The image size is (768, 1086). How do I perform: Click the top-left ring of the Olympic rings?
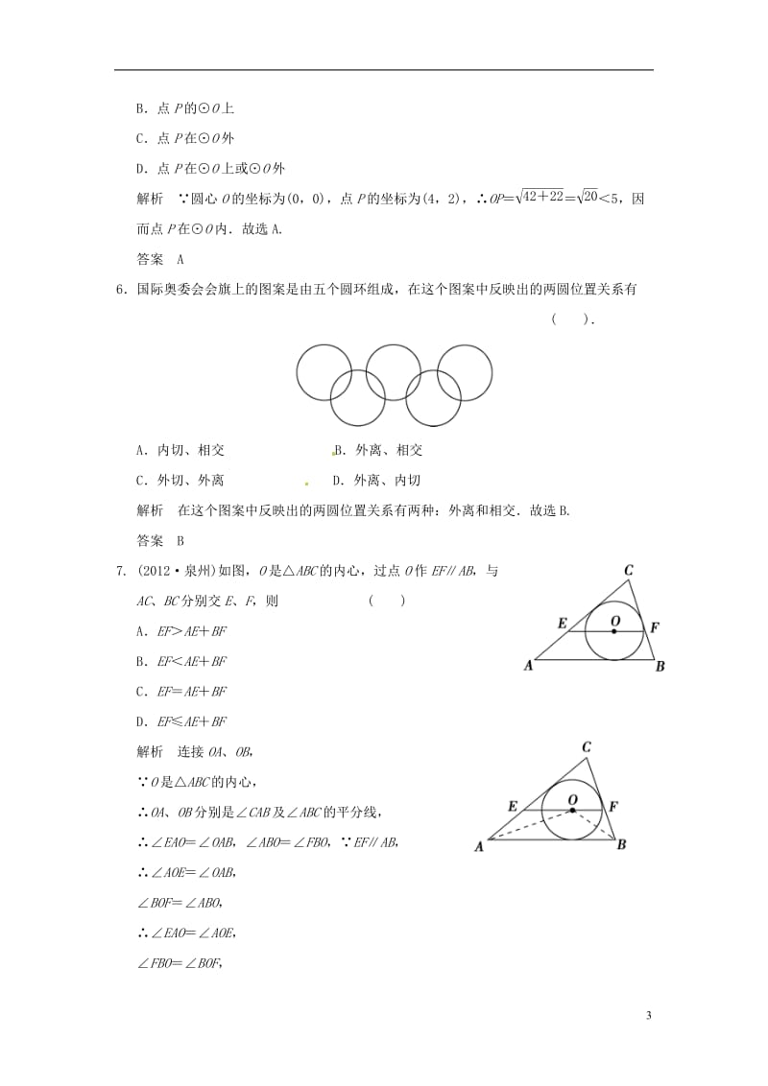(324, 373)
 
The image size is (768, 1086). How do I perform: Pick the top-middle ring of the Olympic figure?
(395, 373)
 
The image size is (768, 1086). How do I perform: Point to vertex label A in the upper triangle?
(528, 665)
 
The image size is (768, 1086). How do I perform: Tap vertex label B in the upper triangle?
(660, 666)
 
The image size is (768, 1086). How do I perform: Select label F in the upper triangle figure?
(655, 627)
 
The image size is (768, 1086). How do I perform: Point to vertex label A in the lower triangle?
(479, 845)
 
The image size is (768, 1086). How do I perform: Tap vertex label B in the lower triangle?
(621, 844)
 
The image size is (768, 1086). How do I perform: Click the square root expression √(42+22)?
(517, 199)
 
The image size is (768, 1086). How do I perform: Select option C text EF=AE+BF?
(188, 691)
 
